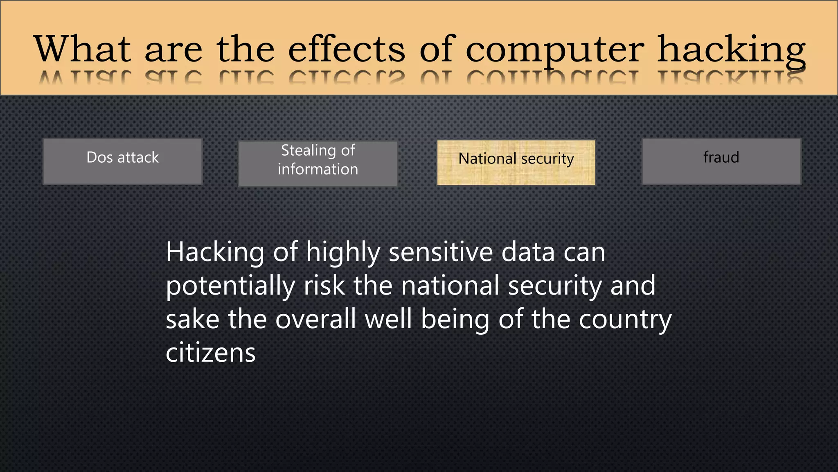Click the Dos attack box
click(122, 161)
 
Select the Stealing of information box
click(318, 163)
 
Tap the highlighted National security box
click(516, 163)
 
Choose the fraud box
click(721, 161)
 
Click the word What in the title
click(82, 49)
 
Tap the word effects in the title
click(347, 49)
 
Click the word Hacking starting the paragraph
click(215, 252)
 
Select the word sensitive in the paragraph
click(440, 252)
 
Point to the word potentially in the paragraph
click(230, 286)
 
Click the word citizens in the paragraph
click(210, 353)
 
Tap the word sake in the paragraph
click(192, 319)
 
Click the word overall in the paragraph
click(315, 319)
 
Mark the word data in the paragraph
click(528, 252)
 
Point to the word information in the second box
click(318, 169)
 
